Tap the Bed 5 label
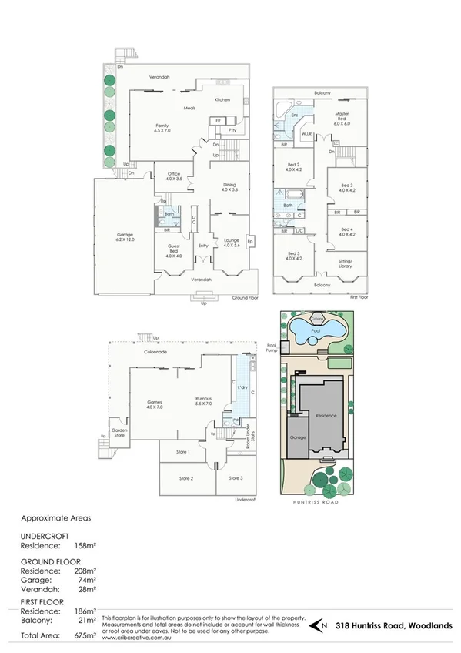(x=293, y=256)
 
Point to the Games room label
(x=155, y=404)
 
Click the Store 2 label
(x=185, y=479)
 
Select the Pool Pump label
(x=271, y=349)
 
